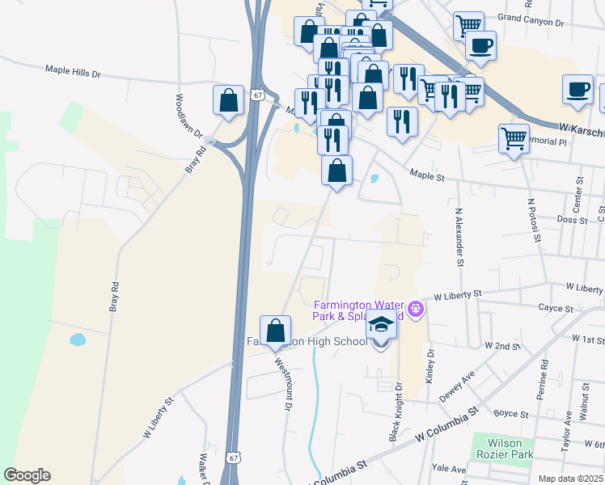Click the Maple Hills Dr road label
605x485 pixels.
(x=84, y=72)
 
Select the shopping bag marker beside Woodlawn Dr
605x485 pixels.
(x=229, y=101)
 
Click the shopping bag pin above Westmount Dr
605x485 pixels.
(x=276, y=331)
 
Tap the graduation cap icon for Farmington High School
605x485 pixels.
(x=381, y=325)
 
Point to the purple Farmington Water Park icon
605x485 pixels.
(x=417, y=307)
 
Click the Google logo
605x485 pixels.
(x=27, y=475)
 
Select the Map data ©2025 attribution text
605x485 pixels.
(x=570, y=479)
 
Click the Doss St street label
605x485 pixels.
(x=572, y=219)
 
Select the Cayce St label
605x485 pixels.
(x=556, y=308)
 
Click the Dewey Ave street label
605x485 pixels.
(x=456, y=386)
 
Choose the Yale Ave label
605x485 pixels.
(x=449, y=469)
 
